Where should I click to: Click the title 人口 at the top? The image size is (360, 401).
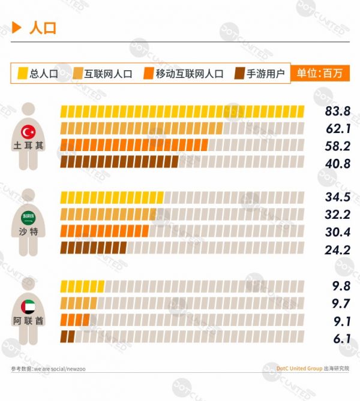point(43,28)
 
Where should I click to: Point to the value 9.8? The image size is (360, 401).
point(340,285)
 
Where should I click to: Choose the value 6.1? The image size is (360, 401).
point(341,337)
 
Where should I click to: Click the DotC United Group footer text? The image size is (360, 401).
point(299,369)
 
